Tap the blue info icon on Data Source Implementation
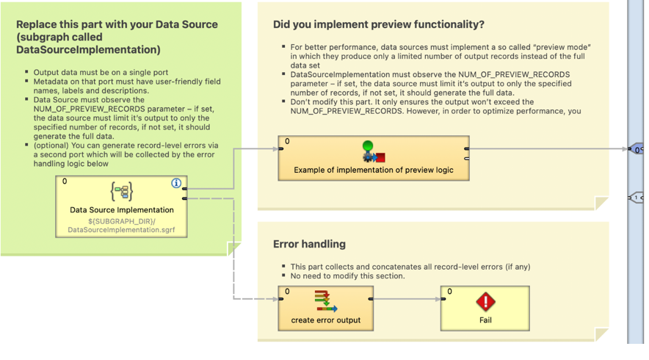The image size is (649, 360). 176,183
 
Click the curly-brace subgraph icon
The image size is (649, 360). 122,192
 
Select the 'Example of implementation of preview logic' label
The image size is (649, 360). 373,170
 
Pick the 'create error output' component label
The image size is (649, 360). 326,320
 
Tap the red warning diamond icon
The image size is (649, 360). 485,301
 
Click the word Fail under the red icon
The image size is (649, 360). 485,320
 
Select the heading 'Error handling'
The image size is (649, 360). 308,244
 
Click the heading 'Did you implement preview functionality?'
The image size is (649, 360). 378,24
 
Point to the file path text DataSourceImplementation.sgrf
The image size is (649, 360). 122,231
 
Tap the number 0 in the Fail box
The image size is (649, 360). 449,292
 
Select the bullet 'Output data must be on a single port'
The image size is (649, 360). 101,73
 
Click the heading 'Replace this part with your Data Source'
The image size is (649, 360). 117,24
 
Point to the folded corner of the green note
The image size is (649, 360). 234,249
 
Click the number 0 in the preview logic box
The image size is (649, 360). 287,142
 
